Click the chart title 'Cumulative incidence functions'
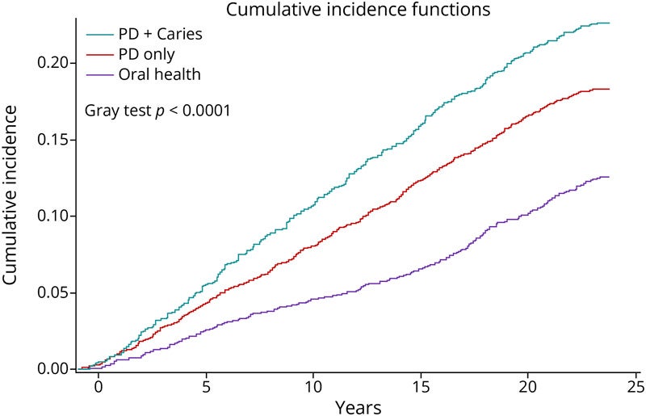click(x=359, y=11)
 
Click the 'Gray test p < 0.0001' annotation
click(x=158, y=111)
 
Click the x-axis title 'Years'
click(x=359, y=405)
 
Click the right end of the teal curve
click(x=608, y=23)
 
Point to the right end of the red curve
click(x=608, y=89)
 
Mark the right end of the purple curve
click(x=608, y=177)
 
